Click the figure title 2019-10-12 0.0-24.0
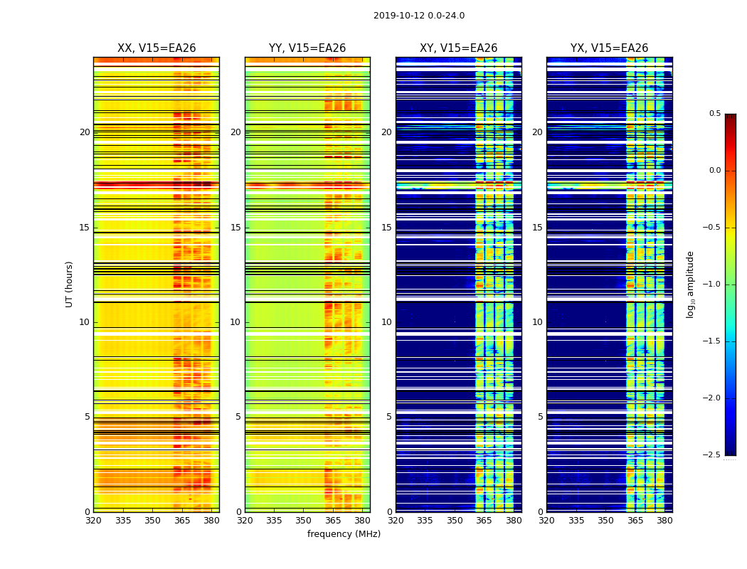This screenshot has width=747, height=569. [x=419, y=16]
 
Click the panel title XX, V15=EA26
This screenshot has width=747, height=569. [x=157, y=48]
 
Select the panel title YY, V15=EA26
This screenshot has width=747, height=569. [x=307, y=48]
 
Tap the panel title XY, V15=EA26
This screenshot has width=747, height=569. [x=458, y=48]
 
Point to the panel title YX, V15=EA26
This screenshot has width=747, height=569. [x=609, y=48]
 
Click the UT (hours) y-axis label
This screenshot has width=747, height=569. [x=69, y=284]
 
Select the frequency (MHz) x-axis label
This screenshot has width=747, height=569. [x=344, y=534]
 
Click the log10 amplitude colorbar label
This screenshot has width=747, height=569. [x=690, y=284]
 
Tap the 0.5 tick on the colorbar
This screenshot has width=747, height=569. [x=714, y=114]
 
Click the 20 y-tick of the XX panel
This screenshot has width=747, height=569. [x=85, y=132]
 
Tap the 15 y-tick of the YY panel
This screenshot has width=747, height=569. [x=235, y=228]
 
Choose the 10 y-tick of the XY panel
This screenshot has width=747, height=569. [x=386, y=322]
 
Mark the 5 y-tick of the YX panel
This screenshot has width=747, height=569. [x=540, y=417]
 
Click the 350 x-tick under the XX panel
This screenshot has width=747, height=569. [x=152, y=520]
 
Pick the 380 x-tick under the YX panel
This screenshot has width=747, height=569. [x=664, y=520]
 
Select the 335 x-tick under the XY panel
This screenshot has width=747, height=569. [x=425, y=520]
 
